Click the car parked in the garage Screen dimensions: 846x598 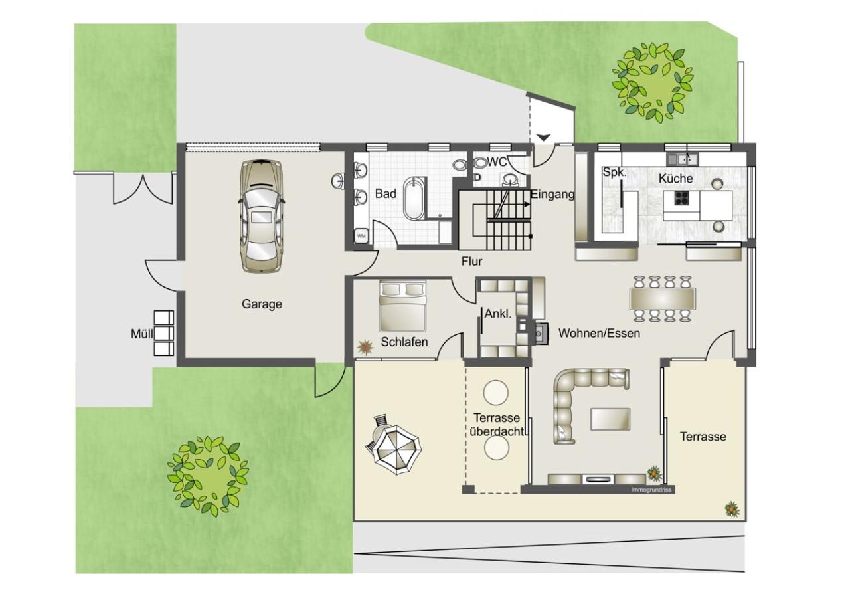click(261, 216)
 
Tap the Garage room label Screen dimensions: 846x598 click(262, 304)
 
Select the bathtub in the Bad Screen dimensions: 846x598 click(414, 199)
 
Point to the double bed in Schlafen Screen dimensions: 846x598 click(402, 306)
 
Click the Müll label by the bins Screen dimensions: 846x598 click(142, 334)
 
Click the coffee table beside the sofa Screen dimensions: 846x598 click(610, 419)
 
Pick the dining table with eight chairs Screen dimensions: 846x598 click(663, 300)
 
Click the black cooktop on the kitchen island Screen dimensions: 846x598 click(682, 198)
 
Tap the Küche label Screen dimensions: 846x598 click(675, 179)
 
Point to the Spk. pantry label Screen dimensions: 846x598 click(615, 172)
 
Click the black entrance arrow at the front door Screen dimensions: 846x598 click(543, 138)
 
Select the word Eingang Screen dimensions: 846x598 click(552, 195)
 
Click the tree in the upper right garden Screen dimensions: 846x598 click(653, 83)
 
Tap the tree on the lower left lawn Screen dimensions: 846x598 click(208, 476)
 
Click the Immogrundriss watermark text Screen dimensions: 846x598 click(651, 490)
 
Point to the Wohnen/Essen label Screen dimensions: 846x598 click(600, 334)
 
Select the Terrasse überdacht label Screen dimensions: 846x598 click(497, 425)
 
